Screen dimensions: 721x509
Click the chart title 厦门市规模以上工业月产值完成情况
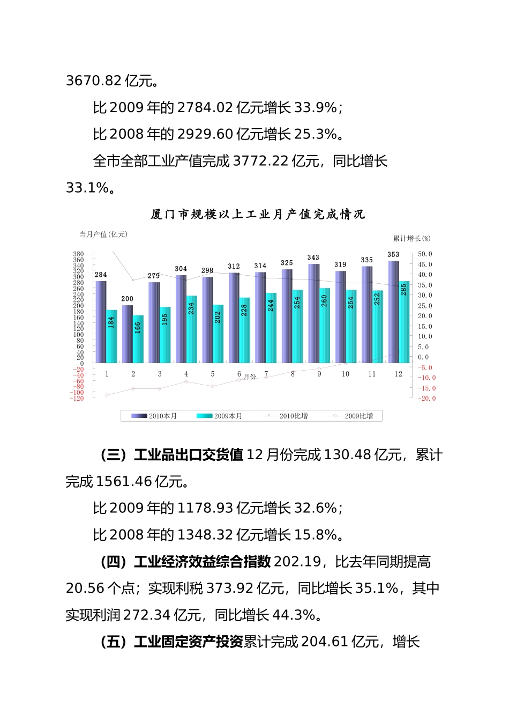258,215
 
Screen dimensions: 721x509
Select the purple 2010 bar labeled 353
393,311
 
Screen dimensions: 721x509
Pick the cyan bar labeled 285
404,322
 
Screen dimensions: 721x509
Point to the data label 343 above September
313,257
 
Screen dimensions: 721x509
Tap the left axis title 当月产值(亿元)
103,234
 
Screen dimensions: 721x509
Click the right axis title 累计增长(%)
411,238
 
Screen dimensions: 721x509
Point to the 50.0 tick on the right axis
425,254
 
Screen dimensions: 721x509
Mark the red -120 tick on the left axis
77,398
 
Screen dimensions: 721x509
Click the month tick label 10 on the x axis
346,374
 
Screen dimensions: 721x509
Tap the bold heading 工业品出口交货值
189,455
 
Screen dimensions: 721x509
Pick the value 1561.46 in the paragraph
124,482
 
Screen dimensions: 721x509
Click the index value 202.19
297,562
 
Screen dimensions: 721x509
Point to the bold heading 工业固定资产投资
189,642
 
